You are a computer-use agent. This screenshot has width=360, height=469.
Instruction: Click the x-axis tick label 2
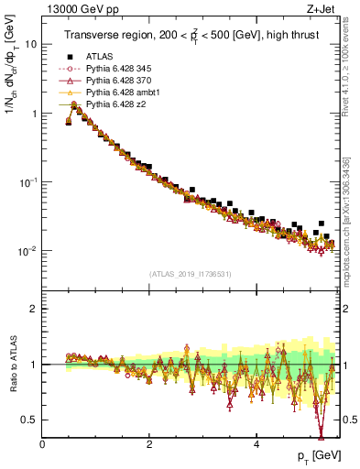[x=149, y=445]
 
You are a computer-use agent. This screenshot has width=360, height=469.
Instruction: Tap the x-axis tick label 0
[x=43, y=445]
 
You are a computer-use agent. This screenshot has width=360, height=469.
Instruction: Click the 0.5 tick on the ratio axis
[x=30, y=420]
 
